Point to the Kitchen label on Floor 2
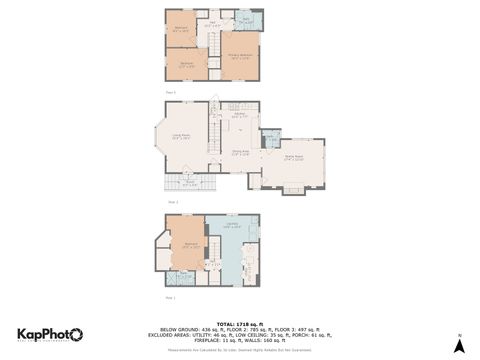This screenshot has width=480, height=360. [x=240, y=115]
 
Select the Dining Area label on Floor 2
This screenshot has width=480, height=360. [x=241, y=152]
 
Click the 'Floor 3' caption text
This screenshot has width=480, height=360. [x=170, y=92]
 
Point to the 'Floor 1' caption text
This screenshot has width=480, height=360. [x=170, y=297]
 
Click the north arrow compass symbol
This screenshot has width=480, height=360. [x=458, y=345]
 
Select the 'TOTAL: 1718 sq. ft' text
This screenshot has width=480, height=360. [x=240, y=323]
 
